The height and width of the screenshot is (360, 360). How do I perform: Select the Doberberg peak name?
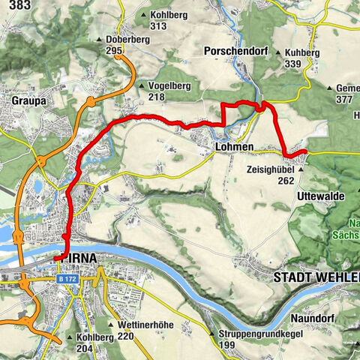tap(124, 40)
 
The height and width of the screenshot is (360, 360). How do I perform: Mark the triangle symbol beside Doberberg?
tap(100, 40)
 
